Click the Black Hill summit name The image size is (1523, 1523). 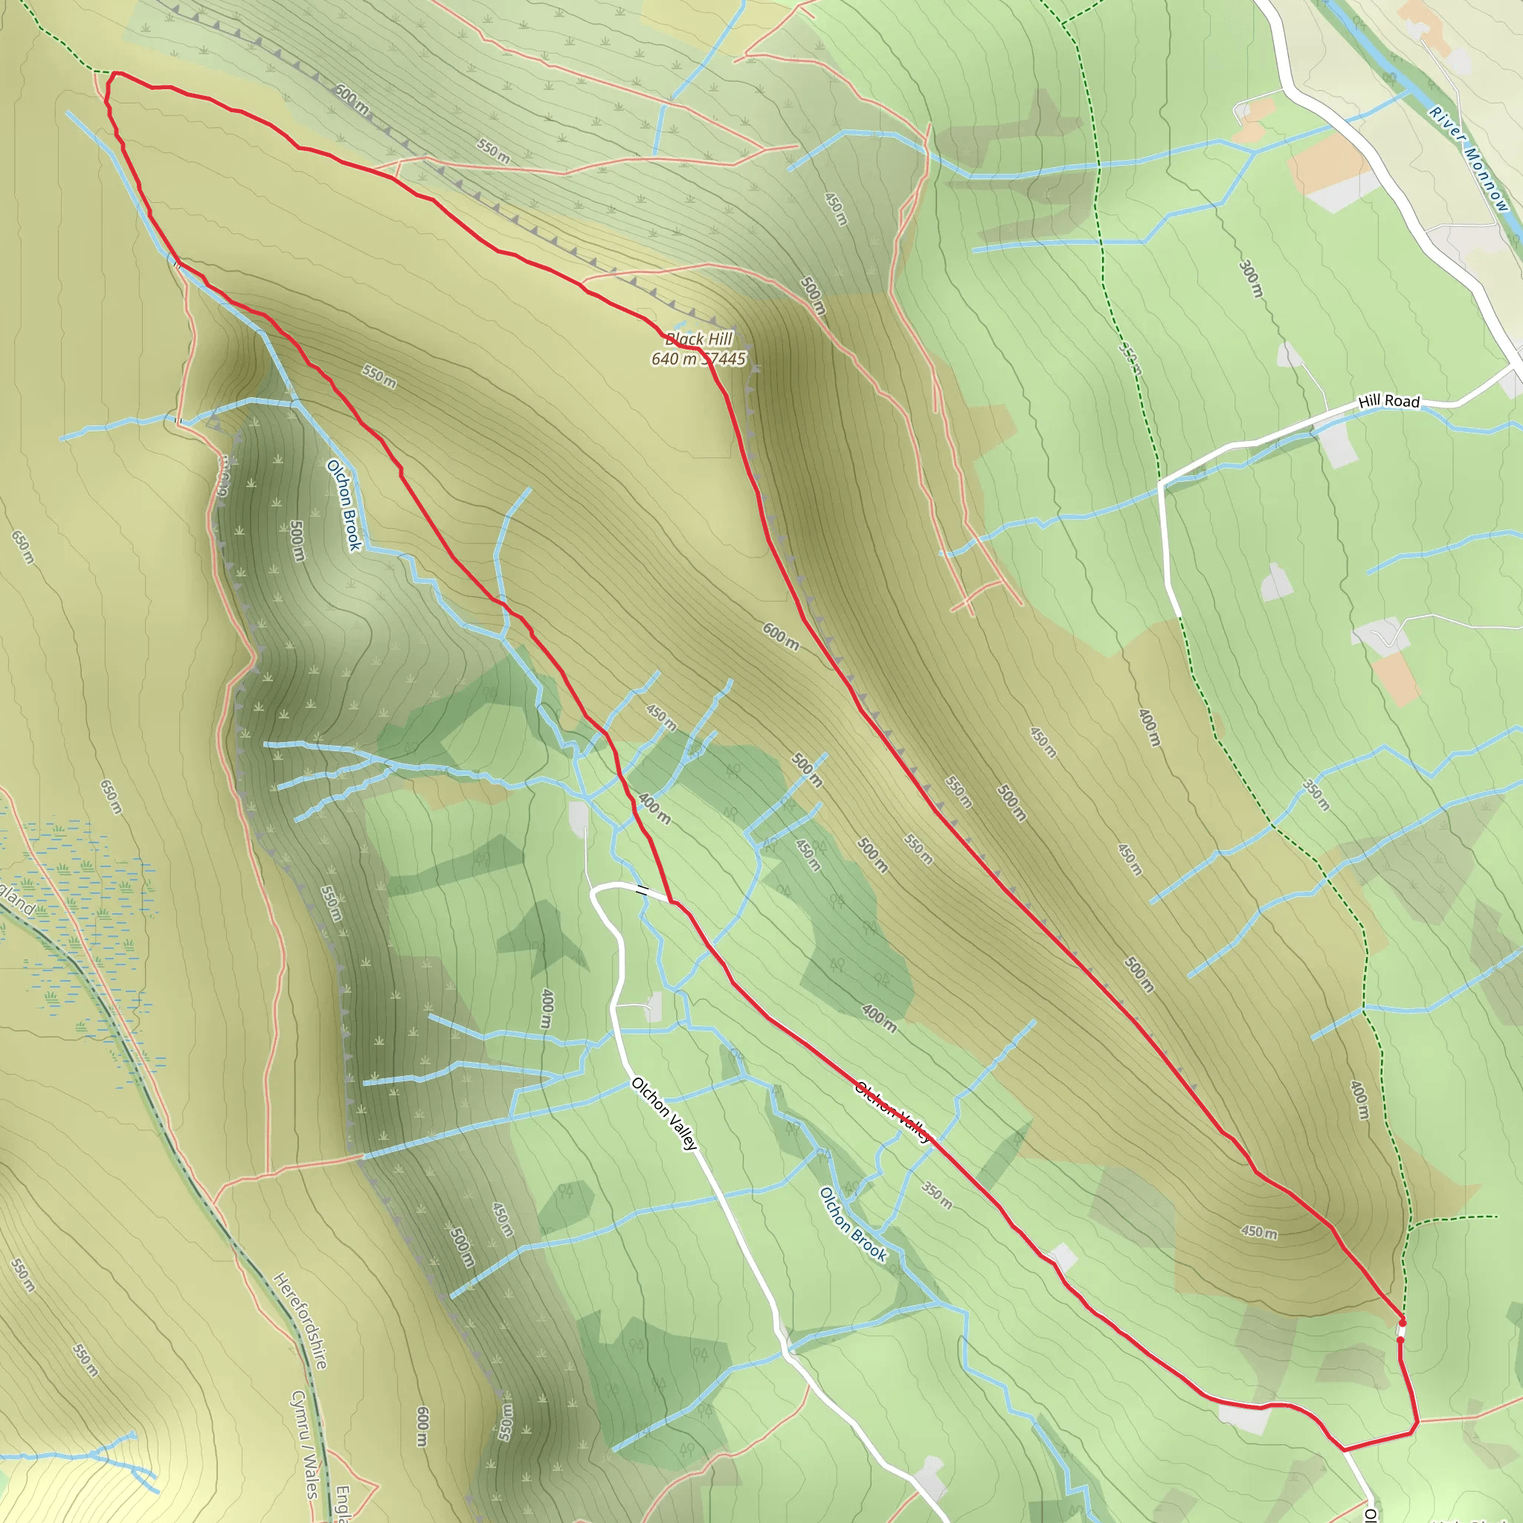coord(699,339)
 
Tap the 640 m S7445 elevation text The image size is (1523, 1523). coord(698,358)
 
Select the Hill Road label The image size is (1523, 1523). coord(1388,402)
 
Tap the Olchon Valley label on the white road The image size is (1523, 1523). coord(665,1114)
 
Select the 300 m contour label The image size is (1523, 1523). coord(1250,278)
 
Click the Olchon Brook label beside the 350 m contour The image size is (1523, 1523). coord(853,1224)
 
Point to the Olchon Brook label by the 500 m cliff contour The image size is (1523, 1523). coord(344,505)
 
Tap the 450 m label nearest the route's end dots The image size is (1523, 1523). coord(1259,1231)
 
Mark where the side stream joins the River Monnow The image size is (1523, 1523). coord(1410,92)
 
